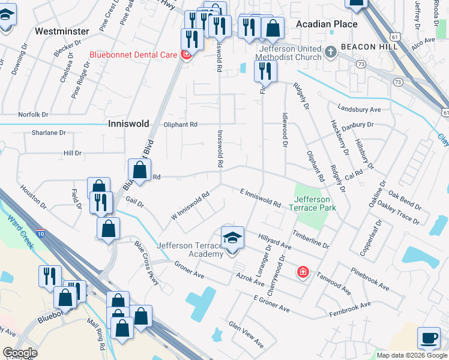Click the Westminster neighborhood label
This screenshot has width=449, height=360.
pos(62,31)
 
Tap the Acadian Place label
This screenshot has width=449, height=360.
pos(327,24)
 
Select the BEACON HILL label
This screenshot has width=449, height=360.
pos(366,47)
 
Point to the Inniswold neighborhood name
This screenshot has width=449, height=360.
pos(128,124)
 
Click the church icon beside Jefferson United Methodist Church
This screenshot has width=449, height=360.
pos(330,52)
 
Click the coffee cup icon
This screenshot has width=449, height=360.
pos(429,338)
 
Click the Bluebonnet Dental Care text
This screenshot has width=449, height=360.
pos(133,55)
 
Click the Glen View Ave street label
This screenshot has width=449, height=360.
pos(246,334)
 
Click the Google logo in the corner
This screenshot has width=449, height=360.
pos(20,353)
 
